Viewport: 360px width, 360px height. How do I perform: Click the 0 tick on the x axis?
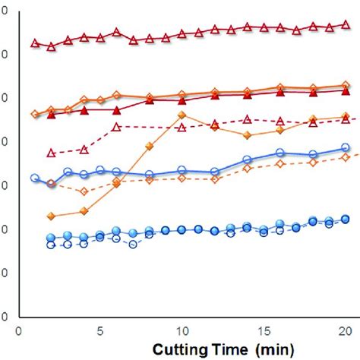pos(18,332)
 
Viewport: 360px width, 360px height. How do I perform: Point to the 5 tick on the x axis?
pos(100,332)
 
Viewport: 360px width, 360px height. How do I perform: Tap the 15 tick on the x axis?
pos(263,332)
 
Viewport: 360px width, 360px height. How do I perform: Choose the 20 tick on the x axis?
pos(344,332)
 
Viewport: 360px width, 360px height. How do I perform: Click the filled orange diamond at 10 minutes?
pos(182,115)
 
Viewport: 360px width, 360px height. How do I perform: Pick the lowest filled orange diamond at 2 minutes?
pos(51,216)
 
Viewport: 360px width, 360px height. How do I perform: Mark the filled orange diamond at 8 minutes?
pos(149,146)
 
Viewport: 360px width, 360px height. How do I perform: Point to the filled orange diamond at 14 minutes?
pos(247,135)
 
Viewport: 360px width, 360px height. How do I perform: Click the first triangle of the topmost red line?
pos(35,43)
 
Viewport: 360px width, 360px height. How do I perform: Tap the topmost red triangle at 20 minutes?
pos(346,24)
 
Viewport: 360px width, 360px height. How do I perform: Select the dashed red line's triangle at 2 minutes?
pos(51,153)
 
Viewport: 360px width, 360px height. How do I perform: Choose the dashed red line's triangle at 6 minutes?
pos(116,127)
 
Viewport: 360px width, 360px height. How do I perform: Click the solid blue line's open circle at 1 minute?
pos(35,178)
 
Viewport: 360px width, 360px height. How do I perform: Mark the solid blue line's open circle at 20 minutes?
pos(346,148)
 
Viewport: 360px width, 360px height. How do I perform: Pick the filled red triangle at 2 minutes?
pos(51,115)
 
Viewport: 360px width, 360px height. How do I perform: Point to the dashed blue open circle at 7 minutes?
pos(133,245)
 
